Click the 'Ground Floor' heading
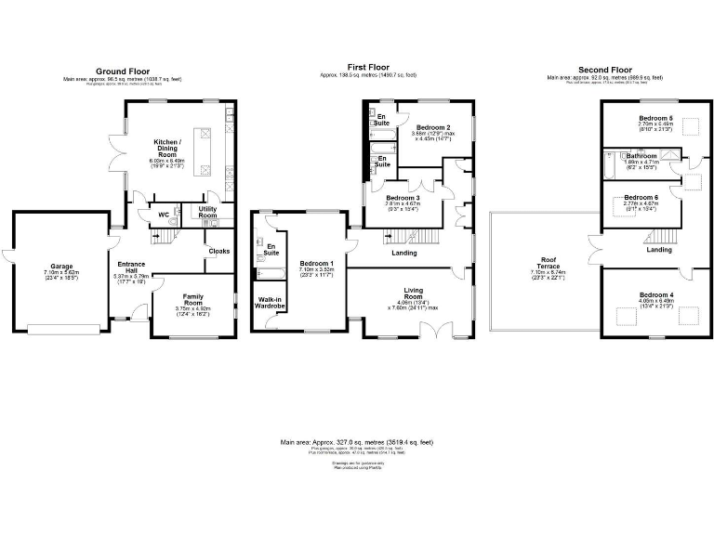(x=123, y=71)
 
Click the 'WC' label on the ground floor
(x=164, y=215)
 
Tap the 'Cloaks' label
(x=218, y=251)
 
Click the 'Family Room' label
(x=192, y=299)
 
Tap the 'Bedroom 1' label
(x=317, y=265)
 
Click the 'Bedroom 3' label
(x=404, y=198)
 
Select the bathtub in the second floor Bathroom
(x=612, y=165)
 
